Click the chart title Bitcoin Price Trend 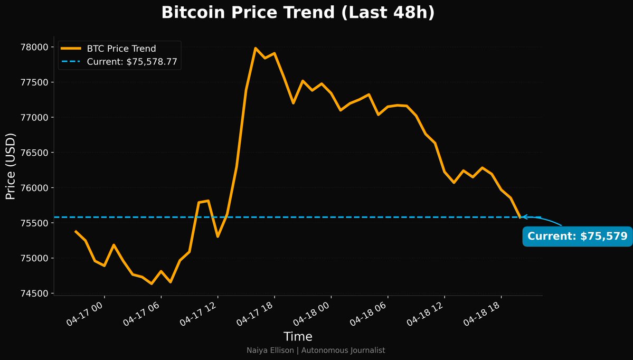tap(298, 13)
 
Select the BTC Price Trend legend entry tap(121, 49)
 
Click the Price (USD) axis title tap(11, 166)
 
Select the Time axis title tap(298, 337)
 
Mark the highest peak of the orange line tap(255, 48)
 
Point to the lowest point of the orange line tap(152, 283)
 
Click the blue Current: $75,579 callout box tap(577, 236)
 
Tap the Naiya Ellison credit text tap(316, 350)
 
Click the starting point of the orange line tap(75, 231)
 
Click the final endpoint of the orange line tap(521, 217)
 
